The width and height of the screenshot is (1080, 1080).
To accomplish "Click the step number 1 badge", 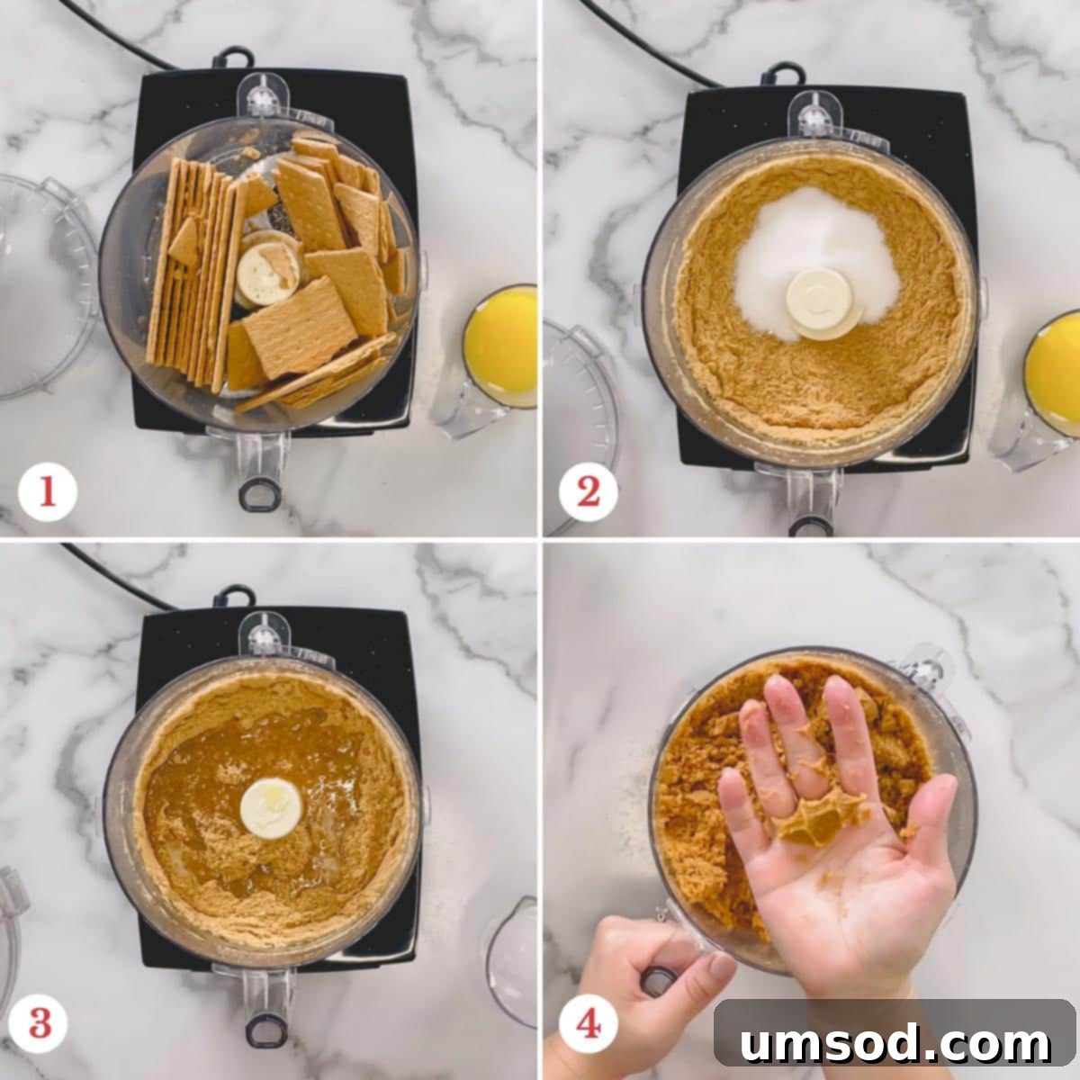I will click(47, 492).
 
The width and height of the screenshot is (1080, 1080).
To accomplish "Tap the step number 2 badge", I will click(588, 492).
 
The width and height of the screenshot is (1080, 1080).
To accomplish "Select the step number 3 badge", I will click(40, 1023).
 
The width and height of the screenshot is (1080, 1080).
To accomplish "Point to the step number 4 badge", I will click(588, 1023).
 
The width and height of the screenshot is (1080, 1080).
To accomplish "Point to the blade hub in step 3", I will click(270, 807).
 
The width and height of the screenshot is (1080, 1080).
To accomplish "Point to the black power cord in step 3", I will click(117, 576).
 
